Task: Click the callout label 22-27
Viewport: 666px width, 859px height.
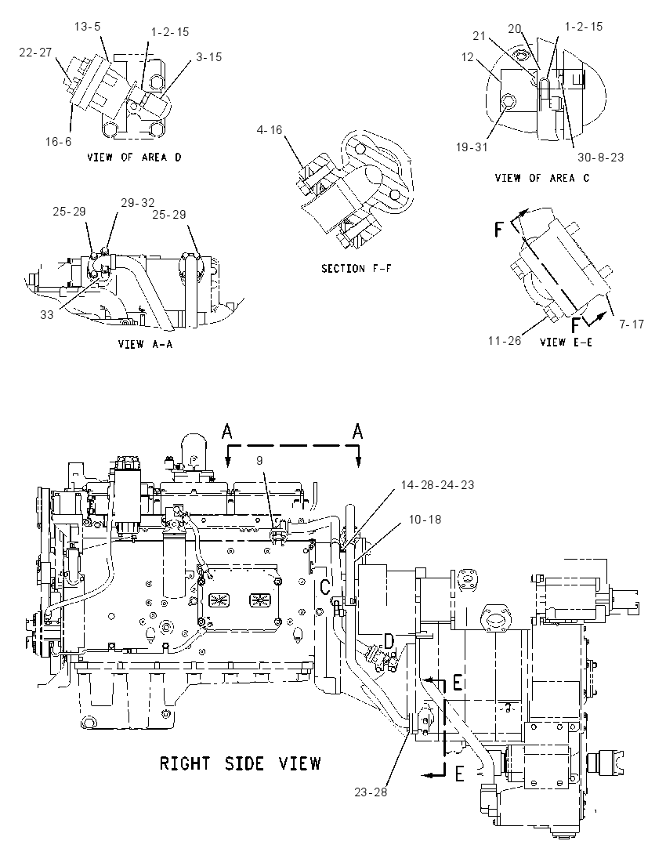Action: click(35, 52)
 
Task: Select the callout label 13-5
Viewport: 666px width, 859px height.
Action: click(89, 27)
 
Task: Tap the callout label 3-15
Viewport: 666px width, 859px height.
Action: click(208, 57)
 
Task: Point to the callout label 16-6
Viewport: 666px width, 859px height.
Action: click(58, 142)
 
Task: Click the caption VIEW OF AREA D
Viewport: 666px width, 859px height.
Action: click(134, 158)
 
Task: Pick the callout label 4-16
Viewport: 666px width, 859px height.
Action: click(269, 130)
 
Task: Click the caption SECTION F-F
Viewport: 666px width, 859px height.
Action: click(356, 268)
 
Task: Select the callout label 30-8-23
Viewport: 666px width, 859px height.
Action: click(601, 158)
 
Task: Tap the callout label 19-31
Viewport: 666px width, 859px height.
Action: click(471, 147)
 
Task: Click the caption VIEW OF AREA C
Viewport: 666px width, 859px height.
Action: click(542, 178)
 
